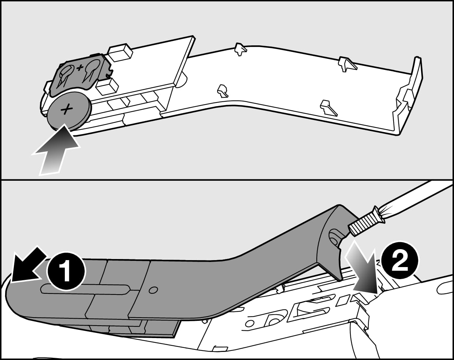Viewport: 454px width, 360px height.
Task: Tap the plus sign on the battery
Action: pos(67,109)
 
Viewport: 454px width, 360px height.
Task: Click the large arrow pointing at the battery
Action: pos(55,151)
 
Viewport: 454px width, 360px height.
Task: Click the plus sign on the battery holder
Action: pos(79,67)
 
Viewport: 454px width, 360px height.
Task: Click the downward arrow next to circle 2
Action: pos(362,269)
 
